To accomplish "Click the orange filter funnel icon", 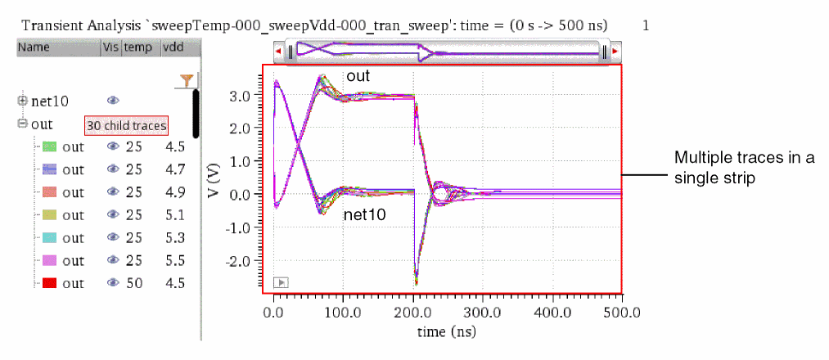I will click(187, 79).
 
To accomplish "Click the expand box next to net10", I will click(23, 101).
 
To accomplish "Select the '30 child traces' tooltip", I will click(127, 125).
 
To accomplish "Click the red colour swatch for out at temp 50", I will click(49, 283).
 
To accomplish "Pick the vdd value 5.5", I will click(173, 260).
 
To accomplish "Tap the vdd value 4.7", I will click(173, 169).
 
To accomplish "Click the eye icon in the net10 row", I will click(113, 101).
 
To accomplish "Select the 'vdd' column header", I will click(172, 47).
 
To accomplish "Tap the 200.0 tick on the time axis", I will click(413, 312).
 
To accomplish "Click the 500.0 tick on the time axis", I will click(606, 312).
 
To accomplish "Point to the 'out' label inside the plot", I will click(356, 77).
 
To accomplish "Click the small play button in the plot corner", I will click(280, 282).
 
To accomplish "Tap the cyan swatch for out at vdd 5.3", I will click(49, 238).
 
